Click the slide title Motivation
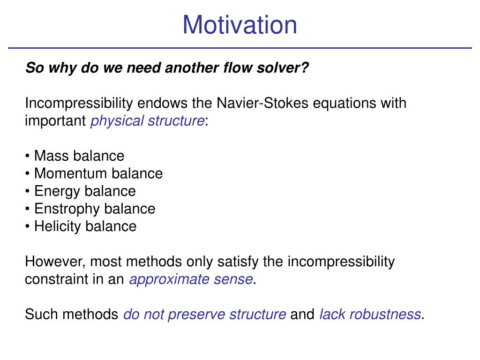pos(240,25)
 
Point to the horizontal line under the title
pos(240,48)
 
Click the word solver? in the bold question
pos(283,67)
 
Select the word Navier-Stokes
pos(262,103)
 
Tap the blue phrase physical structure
pos(147,120)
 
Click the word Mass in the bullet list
pos(51,156)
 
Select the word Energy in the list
pos(57,192)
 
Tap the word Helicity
pos(57,226)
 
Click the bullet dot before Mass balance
pos(28,156)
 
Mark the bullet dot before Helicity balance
pos(28,226)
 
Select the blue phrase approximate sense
pos(191,279)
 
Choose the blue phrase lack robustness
pos(370,315)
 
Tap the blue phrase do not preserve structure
pos(204,315)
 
